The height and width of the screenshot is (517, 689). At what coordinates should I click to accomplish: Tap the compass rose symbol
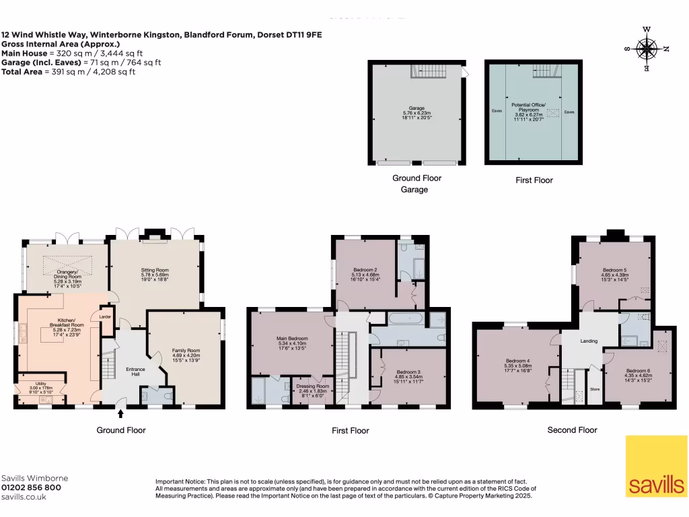pos(647,48)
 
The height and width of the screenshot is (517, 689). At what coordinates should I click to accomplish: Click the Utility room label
pos(42,387)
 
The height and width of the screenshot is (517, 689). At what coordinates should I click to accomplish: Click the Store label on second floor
pos(594,388)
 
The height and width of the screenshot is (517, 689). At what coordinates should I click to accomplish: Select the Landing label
pos(589,341)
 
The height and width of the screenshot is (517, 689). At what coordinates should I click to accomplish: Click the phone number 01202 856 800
pos(32,487)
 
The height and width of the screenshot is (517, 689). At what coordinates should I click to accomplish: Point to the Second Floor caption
pos(572,429)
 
